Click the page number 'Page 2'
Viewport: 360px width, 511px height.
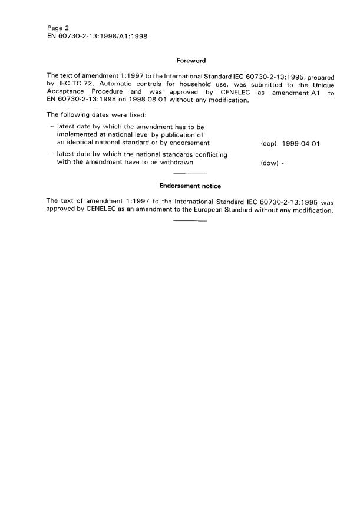point(57,28)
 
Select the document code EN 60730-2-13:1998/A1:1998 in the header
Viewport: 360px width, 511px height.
point(96,36)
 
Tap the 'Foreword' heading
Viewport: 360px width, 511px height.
point(190,60)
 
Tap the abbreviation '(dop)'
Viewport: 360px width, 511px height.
point(268,143)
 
